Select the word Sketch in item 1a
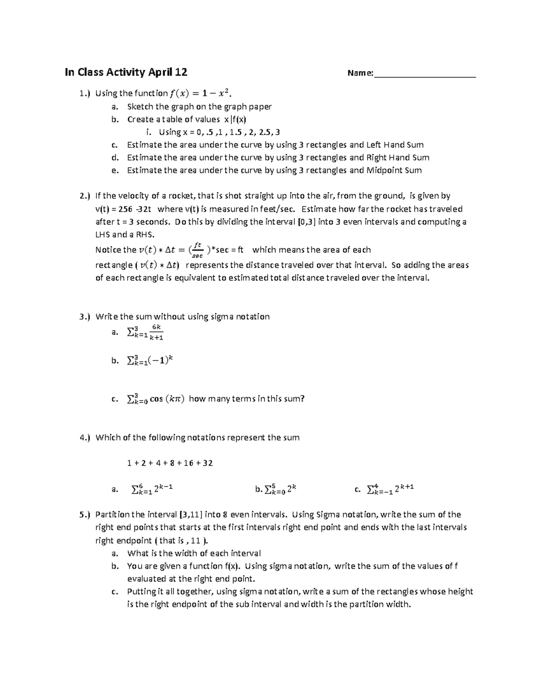[x=140, y=107]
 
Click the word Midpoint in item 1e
[x=385, y=170]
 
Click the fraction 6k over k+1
[x=156, y=332]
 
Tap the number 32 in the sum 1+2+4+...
[x=208, y=463]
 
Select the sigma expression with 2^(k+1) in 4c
[x=390, y=489]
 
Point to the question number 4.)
[x=85, y=438]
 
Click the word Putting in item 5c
[x=142, y=592]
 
